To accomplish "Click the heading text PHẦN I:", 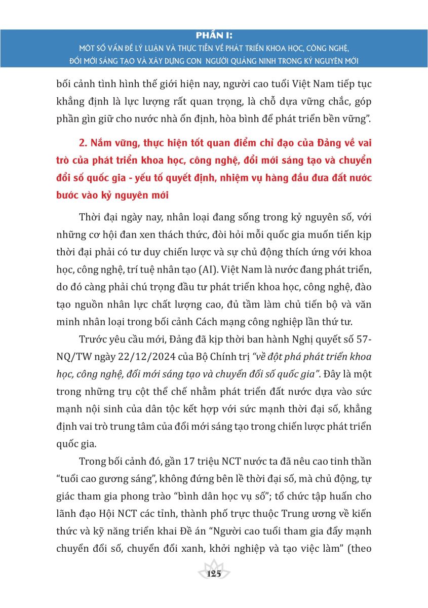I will [214, 35].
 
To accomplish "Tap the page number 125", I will [214, 574].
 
